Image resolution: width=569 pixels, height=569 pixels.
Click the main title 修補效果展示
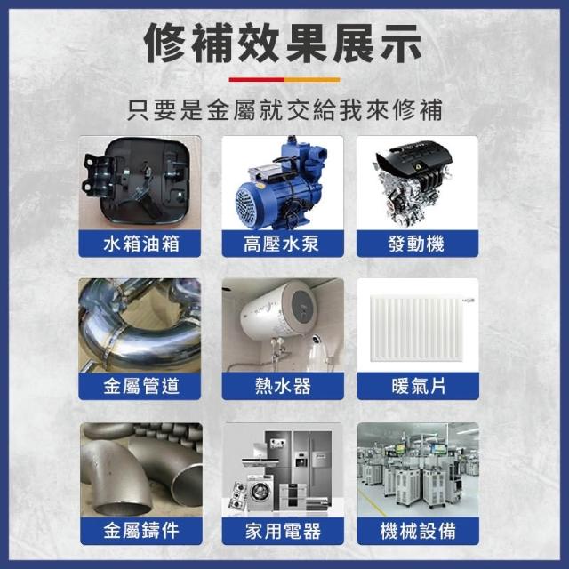pyautogui.click(x=283, y=44)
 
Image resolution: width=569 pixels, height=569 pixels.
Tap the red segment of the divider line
pyautogui.click(x=257, y=79)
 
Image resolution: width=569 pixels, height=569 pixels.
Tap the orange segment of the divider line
pyautogui.click(x=312, y=79)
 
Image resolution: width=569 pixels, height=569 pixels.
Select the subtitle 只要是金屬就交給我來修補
pyautogui.click(x=284, y=109)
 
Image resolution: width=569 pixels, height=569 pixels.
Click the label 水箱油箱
pyautogui.click(x=141, y=244)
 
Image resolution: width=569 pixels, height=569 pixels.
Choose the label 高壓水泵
pyautogui.click(x=281, y=244)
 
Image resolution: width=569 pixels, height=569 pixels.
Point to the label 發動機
pyautogui.click(x=416, y=244)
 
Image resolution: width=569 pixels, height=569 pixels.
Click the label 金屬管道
pyautogui.click(x=141, y=386)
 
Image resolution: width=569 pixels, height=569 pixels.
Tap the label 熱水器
pyautogui.click(x=283, y=386)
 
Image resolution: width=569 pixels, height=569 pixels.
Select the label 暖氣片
pyautogui.click(x=419, y=386)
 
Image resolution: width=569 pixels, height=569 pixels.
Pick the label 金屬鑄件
pyautogui.click(x=141, y=531)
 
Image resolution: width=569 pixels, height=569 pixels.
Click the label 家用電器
pyautogui.click(x=283, y=531)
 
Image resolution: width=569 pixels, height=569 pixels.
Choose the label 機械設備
pyautogui.click(x=418, y=531)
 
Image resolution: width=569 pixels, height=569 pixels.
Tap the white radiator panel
pyautogui.click(x=417, y=328)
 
